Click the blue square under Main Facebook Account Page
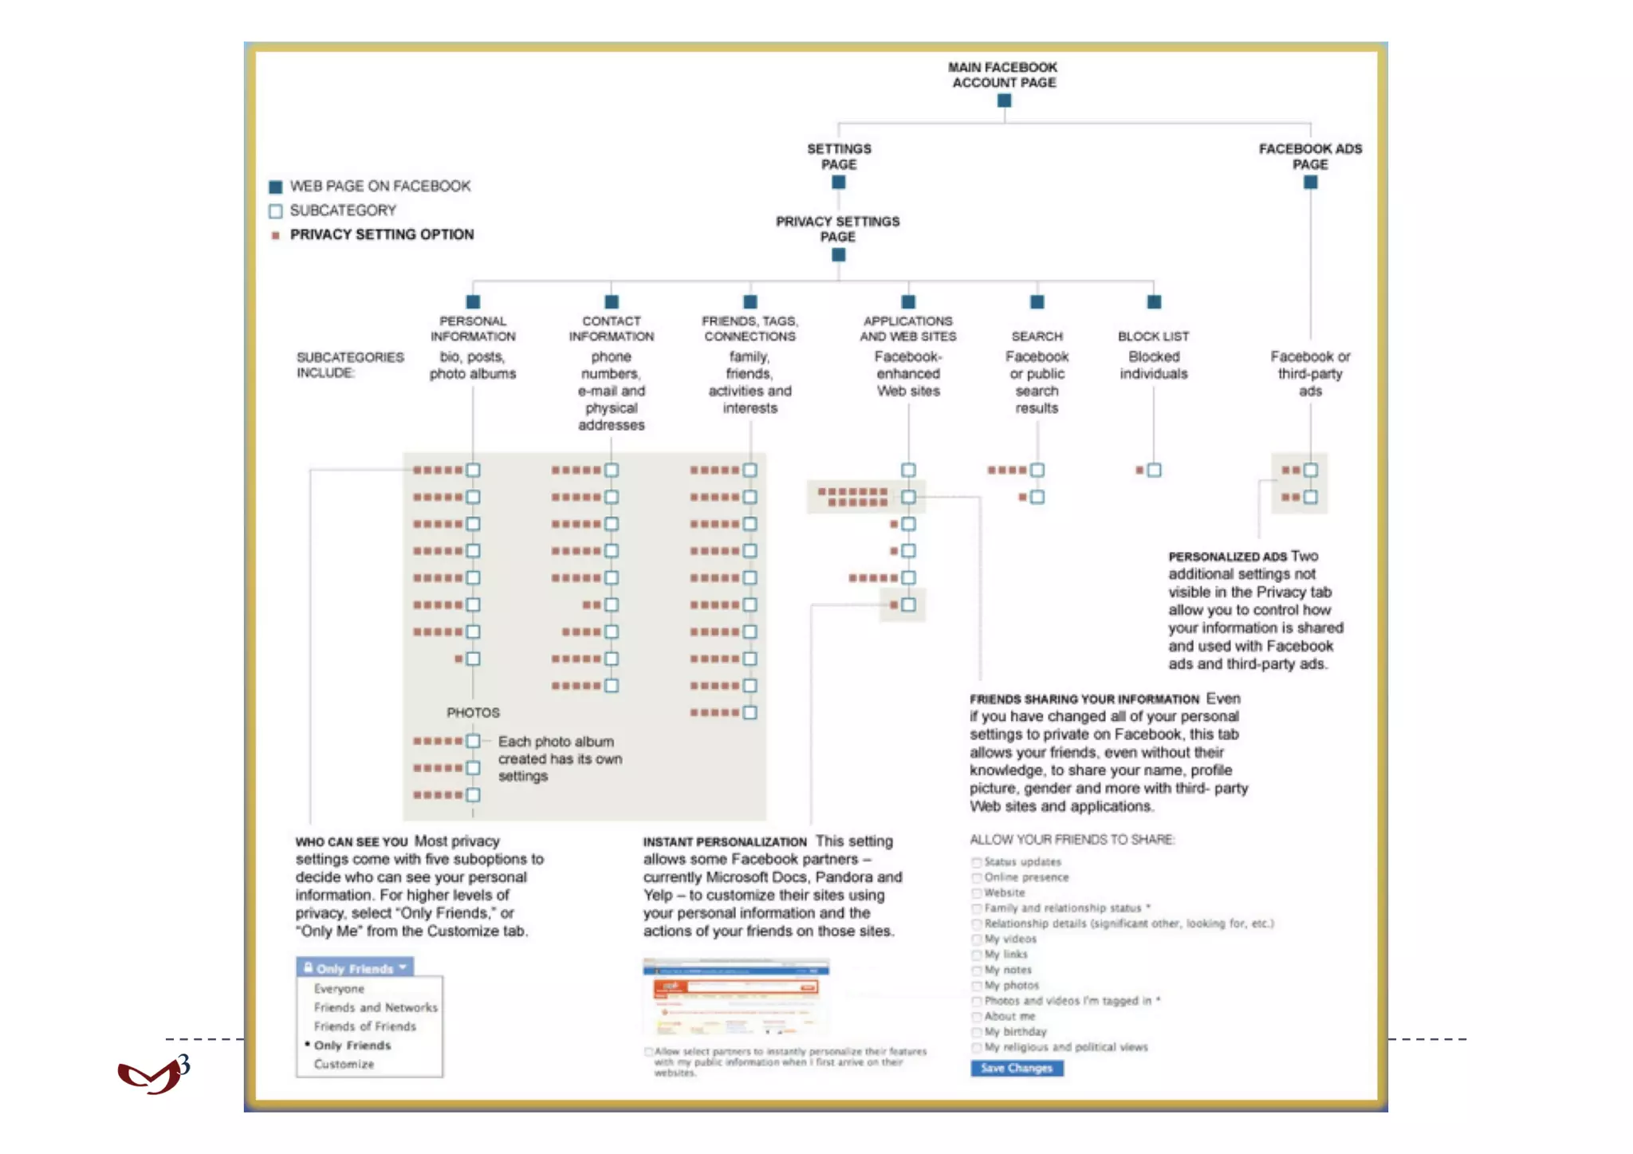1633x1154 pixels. pyautogui.click(x=1004, y=100)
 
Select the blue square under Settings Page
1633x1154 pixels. pyautogui.click(x=838, y=183)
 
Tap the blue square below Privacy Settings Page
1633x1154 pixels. pyautogui.click(x=838, y=255)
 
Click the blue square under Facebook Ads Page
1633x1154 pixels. pyautogui.click(x=1310, y=183)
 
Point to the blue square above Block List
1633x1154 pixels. pyautogui.click(x=1154, y=302)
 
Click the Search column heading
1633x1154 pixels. pyautogui.click(x=1037, y=337)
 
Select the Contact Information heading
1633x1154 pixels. pyautogui.click(x=611, y=329)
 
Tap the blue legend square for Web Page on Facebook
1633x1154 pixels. pyautogui.click(x=276, y=187)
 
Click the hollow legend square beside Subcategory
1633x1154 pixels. pyautogui.click(x=276, y=211)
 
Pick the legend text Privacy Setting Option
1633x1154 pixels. pyautogui.click(x=381, y=234)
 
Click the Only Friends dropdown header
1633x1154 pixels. pyautogui.click(x=355, y=968)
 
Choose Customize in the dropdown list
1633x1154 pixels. pyautogui.click(x=344, y=1064)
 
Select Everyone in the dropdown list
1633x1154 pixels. pyautogui.click(x=339, y=989)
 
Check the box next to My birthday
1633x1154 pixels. pyautogui.click(x=977, y=1032)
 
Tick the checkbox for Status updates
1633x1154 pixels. pyautogui.click(x=977, y=862)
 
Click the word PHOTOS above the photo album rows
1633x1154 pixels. pyautogui.click(x=473, y=712)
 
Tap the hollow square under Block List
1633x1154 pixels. pyautogui.click(x=1154, y=471)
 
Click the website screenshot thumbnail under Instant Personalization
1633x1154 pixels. pyautogui.click(x=735, y=997)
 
